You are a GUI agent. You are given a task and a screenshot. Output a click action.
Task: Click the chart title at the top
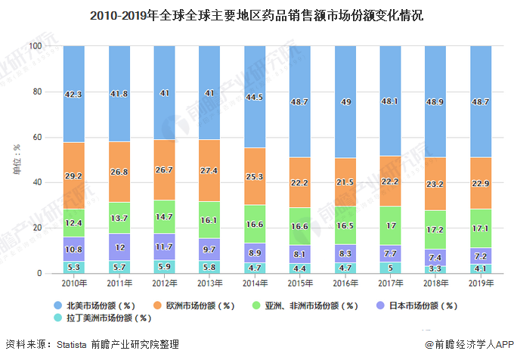pyautogui.click(x=256, y=14)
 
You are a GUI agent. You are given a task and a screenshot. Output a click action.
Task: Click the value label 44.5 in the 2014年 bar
pyautogui.click(x=254, y=97)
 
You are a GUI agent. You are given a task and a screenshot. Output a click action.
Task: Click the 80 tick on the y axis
pyautogui.click(x=36, y=92)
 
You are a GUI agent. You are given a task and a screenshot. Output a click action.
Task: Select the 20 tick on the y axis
pyautogui.click(x=36, y=228)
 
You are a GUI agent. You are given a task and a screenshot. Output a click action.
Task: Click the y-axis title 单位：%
pyautogui.click(x=17, y=160)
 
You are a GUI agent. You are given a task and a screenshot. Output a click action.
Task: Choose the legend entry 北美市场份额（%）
pyautogui.click(x=101, y=306)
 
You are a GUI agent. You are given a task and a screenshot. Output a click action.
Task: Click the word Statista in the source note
pyautogui.click(x=76, y=345)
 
